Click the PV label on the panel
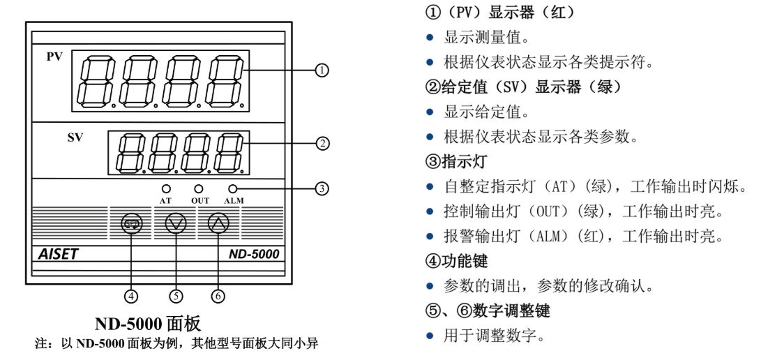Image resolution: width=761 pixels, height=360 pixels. [54, 57]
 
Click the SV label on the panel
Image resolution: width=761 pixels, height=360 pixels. [75, 137]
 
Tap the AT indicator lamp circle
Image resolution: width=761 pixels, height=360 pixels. [166, 188]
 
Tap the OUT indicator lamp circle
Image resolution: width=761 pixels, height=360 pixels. [199, 188]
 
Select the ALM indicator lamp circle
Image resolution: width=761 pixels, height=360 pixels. [232, 188]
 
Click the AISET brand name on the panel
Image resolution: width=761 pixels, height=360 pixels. [59, 254]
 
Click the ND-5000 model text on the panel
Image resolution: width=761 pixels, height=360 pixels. [254, 254]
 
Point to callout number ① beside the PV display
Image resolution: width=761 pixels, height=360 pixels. [322, 70]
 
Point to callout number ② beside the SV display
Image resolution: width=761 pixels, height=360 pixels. [322, 144]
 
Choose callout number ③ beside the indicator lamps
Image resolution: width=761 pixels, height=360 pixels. [322, 188]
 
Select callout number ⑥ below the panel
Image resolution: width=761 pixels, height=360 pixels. [218, 295]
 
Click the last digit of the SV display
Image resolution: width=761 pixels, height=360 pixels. [229, 152]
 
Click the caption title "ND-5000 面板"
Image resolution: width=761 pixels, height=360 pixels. [148, 324]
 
